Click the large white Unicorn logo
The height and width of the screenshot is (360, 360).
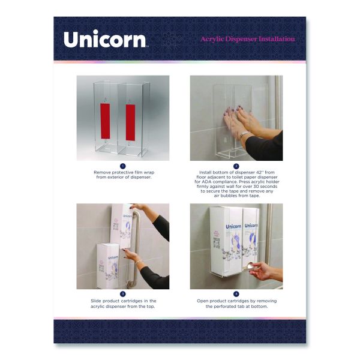(105, 39)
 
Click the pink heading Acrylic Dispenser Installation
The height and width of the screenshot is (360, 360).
(248, 39)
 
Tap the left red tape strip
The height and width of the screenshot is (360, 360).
(105, 121)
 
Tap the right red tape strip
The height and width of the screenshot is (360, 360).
(130, 122)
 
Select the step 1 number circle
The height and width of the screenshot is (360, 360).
(123, 166)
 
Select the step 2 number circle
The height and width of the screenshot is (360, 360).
(236, 166)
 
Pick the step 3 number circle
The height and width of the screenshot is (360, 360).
(123, 294)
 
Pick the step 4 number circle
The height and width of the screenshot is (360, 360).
(236, 294)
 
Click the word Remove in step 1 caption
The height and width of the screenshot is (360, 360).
(101, 172)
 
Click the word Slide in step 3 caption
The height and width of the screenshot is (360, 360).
(96, 301)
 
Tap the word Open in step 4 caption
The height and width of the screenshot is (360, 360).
(202, 301)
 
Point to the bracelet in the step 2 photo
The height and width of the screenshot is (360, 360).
(244, 134)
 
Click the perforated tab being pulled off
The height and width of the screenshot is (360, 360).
(248, 268)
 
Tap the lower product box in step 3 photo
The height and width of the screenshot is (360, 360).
(108, 266)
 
